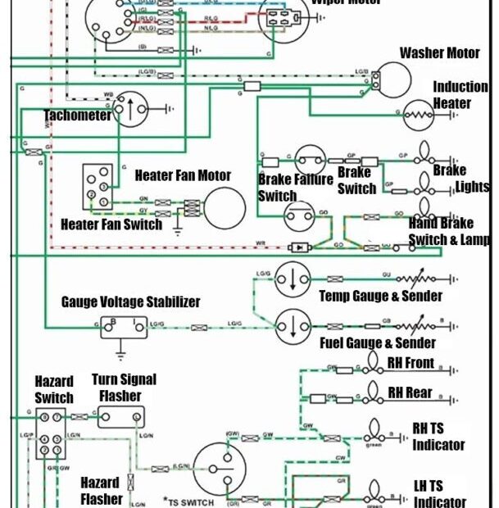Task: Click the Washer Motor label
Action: click(x=439, y=53)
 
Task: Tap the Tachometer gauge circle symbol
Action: click(x=129, y=108)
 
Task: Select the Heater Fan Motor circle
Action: click(x=225, y=207)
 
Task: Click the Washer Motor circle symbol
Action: click(x=392, y=80)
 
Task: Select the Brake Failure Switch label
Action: click(x=283, y=188)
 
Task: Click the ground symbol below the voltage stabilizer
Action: click(x=120, y=353)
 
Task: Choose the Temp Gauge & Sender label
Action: click(x=380, y=296)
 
